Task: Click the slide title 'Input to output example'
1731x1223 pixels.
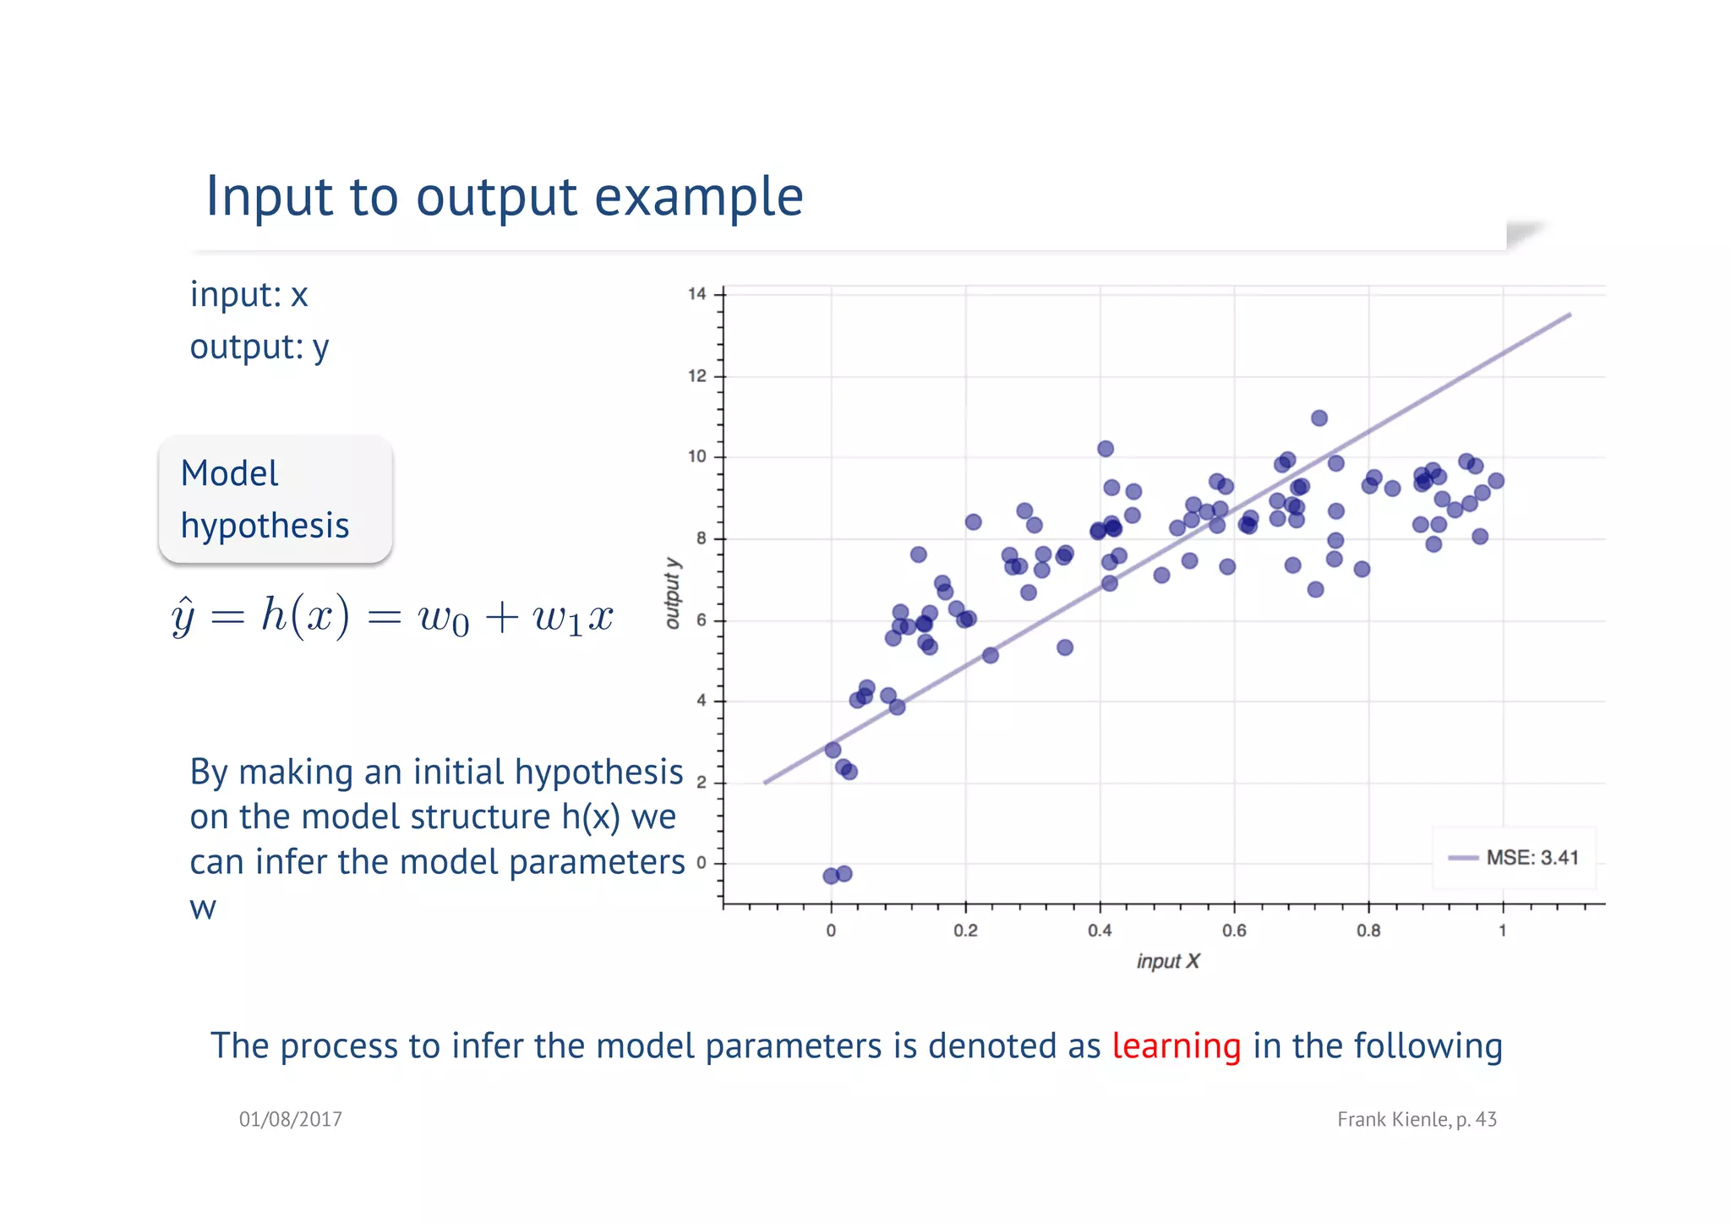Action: click(x=504, y=196)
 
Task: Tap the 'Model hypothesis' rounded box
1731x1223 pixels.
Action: click(x=275, y=500)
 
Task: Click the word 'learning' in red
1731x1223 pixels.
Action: click(x=1176, y=1046)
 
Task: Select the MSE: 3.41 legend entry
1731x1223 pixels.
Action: click(x=1514, y=858)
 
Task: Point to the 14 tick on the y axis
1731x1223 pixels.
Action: click(x=697, y=294)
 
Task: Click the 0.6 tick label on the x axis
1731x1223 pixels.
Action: click(x=1234, y=931)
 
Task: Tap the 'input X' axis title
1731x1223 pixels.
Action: click(x=1167, y=962)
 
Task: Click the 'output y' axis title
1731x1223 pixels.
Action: click(x=673, y=592)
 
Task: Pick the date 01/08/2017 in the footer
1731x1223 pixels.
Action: click(x=290, y=1120)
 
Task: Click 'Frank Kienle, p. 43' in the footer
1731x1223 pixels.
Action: click(x=1417, y=1120)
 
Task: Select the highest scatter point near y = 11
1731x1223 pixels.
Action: click(x=1319, y=418)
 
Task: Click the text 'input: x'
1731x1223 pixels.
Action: click(x=248, y=295)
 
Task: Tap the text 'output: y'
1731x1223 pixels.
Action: click(x=259, y=347)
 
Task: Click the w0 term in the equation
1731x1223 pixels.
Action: click(x=443, y=619)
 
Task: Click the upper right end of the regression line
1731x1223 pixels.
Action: click(x=1568, y=316)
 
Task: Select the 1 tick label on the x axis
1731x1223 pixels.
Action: click(x=1502, y=931)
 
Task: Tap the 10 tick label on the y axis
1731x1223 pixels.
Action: click(x=697, y=457)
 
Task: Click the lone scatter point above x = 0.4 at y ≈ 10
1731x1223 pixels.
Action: click(x=1105, y=449)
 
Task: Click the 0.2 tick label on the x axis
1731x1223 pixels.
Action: click(x=965, y=931)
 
